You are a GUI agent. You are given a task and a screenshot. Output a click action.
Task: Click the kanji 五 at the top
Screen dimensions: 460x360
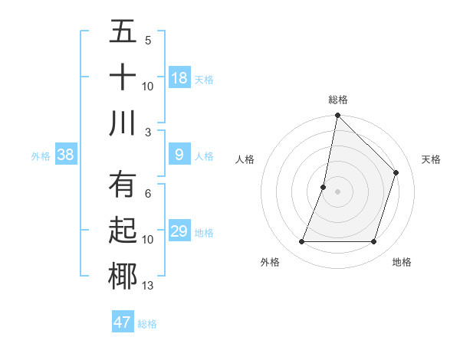coord(123,32)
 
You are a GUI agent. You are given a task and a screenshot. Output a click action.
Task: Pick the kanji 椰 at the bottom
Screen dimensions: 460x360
coord(123,277)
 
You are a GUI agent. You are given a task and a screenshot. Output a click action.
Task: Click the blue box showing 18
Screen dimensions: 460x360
coord(179,78)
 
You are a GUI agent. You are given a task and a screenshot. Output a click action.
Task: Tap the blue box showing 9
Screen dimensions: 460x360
coord(179,155)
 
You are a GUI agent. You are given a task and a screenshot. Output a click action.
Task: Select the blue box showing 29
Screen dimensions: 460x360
coord(179,231)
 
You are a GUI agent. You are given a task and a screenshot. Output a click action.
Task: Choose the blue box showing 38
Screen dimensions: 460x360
coord(66,155)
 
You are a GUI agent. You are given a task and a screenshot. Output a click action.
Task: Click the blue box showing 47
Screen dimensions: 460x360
coord(123,322)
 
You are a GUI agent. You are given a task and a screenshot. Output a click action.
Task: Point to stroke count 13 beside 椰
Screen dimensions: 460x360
coord(148,286)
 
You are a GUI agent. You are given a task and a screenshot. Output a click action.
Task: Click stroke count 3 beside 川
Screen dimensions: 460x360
coord(148,133)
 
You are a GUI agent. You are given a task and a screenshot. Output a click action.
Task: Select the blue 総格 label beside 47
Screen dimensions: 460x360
coord(147,323)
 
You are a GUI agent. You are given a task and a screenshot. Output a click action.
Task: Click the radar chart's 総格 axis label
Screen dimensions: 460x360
coord(338,100)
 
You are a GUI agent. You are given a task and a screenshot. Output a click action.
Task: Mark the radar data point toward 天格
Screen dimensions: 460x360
coord(396,172)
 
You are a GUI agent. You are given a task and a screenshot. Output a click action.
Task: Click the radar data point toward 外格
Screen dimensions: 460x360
coord(301,242)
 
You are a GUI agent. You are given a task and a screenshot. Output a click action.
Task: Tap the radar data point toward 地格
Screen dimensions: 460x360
coord(374,242)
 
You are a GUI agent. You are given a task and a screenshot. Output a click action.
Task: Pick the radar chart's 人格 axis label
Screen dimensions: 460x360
coord(245,159)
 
